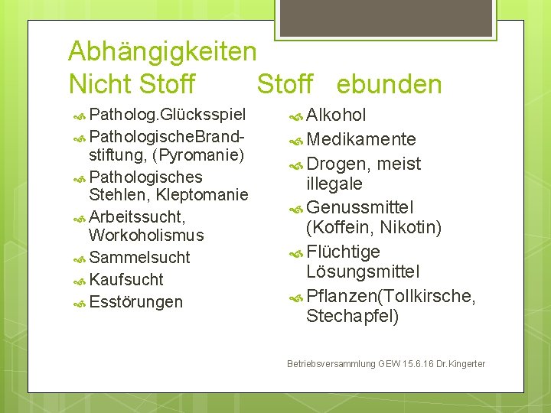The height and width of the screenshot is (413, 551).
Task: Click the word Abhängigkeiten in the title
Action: (162, 52)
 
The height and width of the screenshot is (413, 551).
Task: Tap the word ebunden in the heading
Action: (389, 83)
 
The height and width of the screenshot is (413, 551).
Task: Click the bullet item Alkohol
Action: (336, 115)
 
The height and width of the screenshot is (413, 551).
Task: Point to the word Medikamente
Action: (360, 139)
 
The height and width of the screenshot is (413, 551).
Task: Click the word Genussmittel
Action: (359, 207)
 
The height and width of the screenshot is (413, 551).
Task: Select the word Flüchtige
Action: (342, 252)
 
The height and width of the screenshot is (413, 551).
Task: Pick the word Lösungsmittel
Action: (362, 272)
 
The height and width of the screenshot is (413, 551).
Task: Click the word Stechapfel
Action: (352, 316)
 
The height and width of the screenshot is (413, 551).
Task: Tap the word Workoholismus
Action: (146, 235)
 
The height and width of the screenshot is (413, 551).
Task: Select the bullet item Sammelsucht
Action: (139, 257)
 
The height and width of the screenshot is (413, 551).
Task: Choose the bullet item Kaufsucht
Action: (126, 279)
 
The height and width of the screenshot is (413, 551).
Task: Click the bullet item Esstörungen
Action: (135, 301)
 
